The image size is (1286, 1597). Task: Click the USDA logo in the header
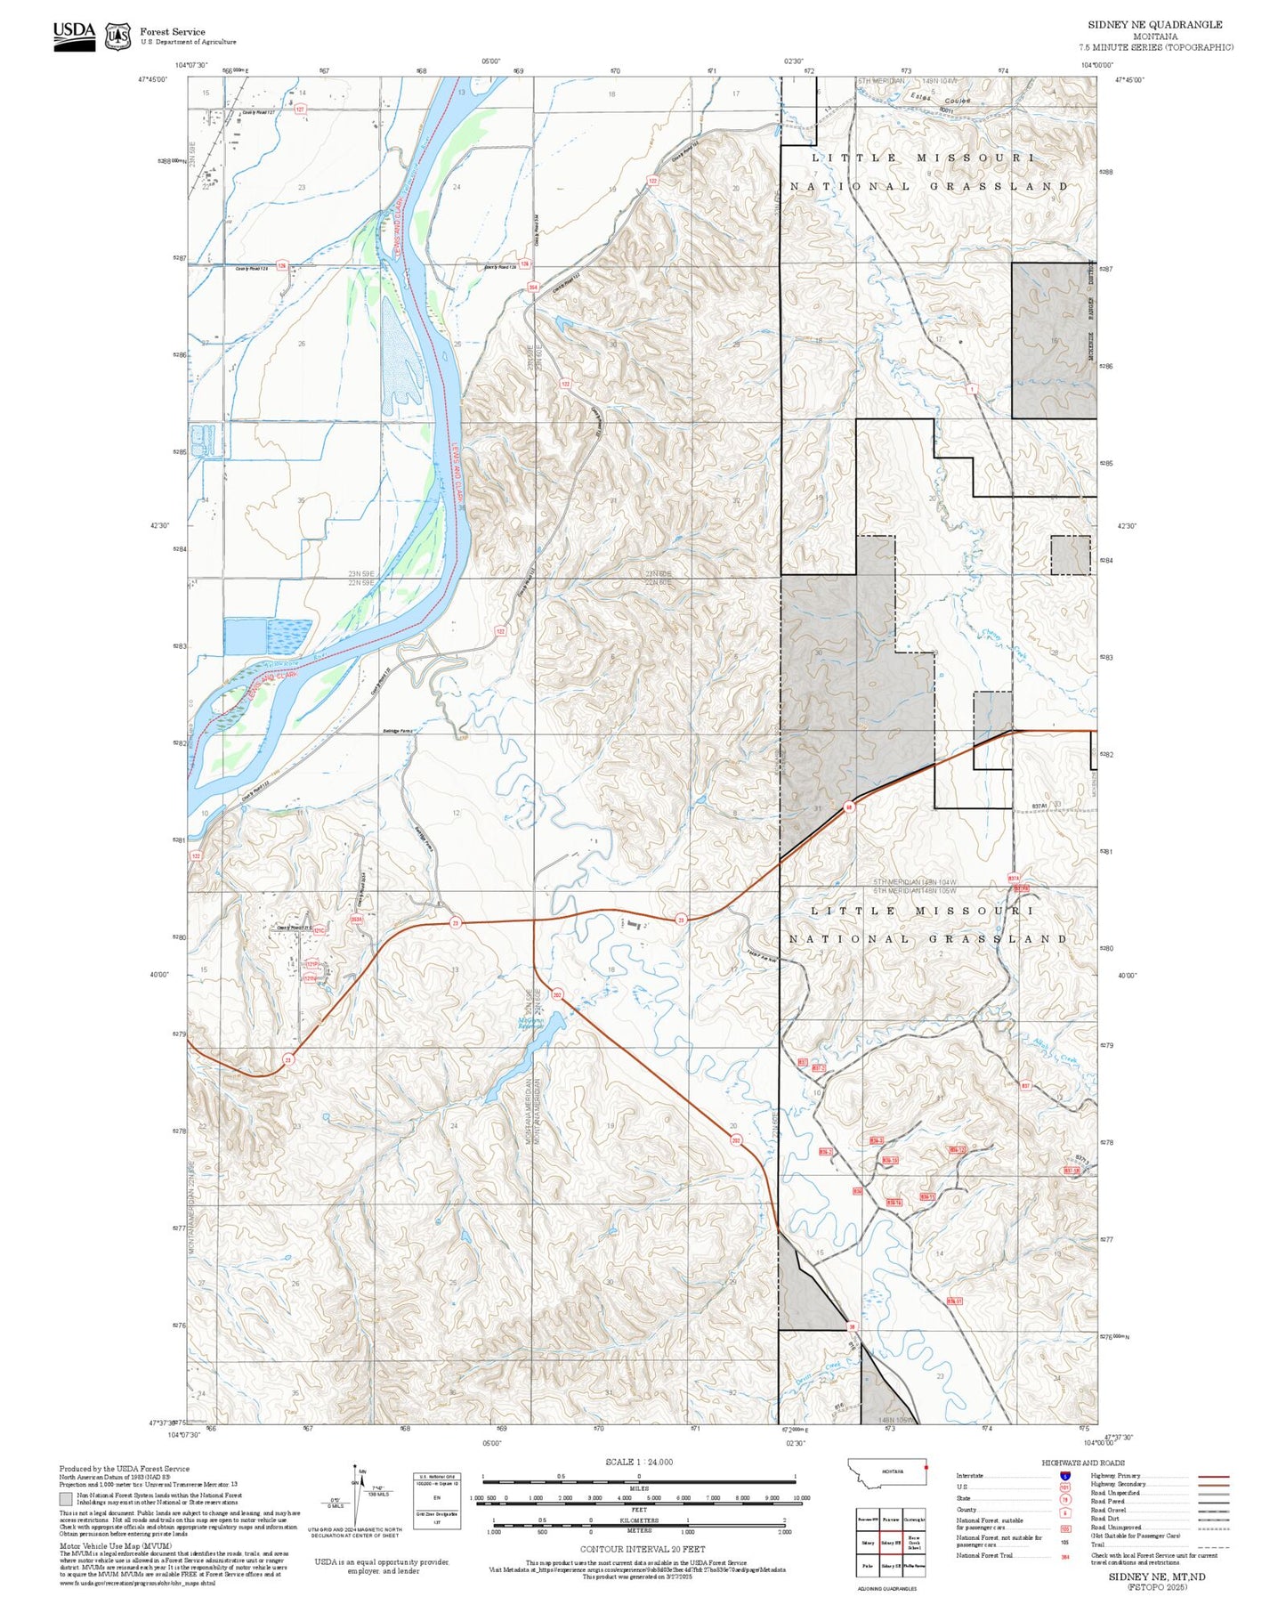[74, 36]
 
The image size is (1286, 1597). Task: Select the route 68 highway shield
[849, 807]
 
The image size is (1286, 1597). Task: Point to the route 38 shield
[852, 1325]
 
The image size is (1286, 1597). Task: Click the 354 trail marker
[532, 288]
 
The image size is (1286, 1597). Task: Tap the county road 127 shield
[300, 109]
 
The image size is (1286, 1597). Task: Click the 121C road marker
[318, 930]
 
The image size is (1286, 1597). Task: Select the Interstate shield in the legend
[1064, 1475]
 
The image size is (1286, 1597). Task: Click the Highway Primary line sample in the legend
[1213, 1476]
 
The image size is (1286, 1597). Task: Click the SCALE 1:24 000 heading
[639, 1462]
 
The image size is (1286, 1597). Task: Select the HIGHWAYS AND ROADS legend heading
[1082, 1463]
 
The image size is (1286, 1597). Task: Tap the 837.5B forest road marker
[1071, 1171]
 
